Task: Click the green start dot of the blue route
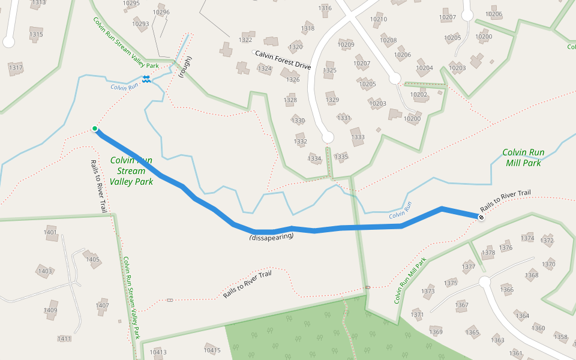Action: click(95, 128)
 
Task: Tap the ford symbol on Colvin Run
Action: click(146, 79)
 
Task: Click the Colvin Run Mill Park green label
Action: click(523, 157)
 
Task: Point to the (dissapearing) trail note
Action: click(272, 237)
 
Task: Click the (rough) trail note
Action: click(187, 67)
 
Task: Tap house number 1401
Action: click(50, 232)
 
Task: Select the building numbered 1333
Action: click(358, 137)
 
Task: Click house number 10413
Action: click(158, 352)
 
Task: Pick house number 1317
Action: click(16, 68)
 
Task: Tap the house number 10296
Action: click(161, 12)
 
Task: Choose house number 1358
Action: click(560, 337)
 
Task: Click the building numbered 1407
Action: click(103, 305)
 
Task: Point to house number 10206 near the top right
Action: click(494, 14)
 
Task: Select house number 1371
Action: click(418, 314)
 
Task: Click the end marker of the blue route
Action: click(481, 216)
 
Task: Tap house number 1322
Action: click(245, 40)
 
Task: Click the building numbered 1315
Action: click(36, 35)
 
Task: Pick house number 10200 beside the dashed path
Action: click(412, 119)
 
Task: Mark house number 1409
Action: click(50, 310)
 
